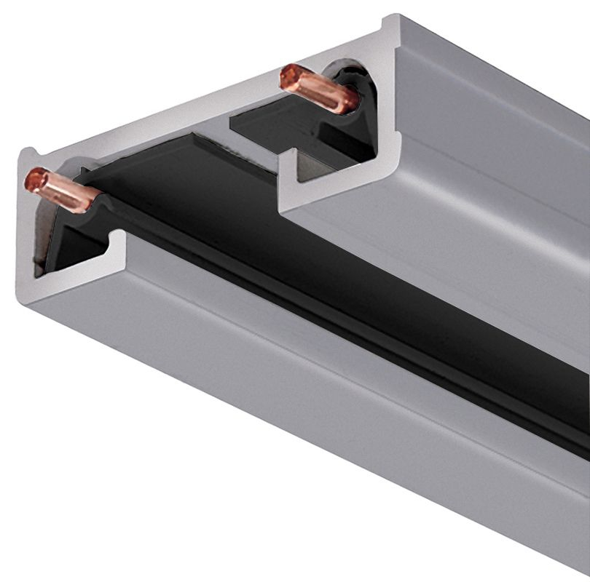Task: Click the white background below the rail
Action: point(146,495)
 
